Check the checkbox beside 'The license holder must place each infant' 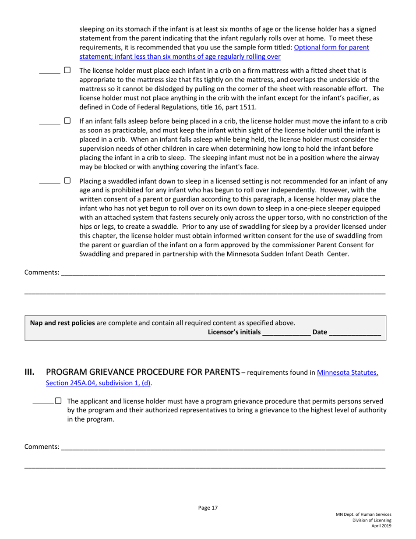[67, 70]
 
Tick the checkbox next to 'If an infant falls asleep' [67, 120]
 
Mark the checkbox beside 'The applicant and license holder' [58, 401]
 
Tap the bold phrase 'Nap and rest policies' [62, 323]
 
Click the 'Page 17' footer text [208, 508]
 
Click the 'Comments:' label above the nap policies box [42, 273]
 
